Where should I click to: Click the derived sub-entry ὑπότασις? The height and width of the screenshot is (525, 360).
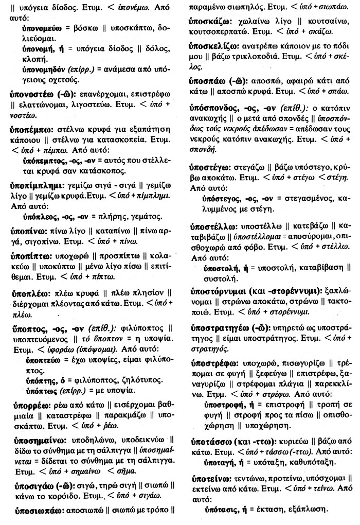click(x=219, y=510)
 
